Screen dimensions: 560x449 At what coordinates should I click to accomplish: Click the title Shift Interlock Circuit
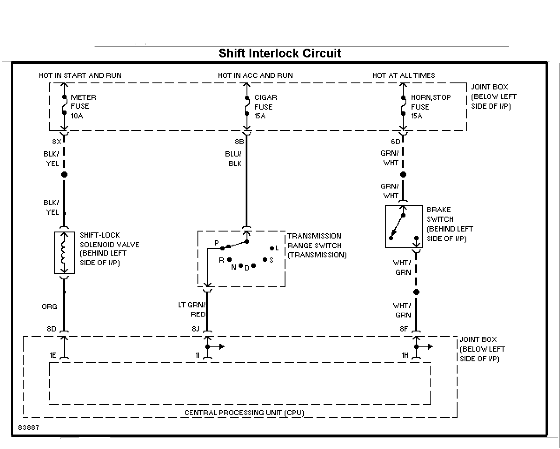[x=280, y=53]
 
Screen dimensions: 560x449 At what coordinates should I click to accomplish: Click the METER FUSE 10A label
[x=84, y=107]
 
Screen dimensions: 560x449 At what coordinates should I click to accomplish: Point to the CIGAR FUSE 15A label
[x=265, y=107]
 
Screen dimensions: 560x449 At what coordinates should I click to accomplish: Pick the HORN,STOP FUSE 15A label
[x=431, y=107]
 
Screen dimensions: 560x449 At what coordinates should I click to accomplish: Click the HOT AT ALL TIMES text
[x=404, y=75]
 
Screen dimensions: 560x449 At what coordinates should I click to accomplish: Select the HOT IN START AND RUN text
[x=80, y=75]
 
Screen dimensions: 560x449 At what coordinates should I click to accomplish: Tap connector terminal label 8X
[x=57, y=142]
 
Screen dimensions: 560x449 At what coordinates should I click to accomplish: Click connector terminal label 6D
[x=395, y=142]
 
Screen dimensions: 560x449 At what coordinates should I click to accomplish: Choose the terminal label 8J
[x=196, y=329]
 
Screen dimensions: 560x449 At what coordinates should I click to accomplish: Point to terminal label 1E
[x=53, y=355]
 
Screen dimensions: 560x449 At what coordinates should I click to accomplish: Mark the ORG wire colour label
[x=49, y=307]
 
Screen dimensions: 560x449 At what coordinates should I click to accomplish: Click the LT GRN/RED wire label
[x=192, y=310]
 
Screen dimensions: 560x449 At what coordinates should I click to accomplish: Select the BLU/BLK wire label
[x=233, y=159]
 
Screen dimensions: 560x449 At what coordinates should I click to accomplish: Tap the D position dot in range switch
[x=254, y=266]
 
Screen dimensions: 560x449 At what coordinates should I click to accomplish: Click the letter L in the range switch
[x=277, y=248]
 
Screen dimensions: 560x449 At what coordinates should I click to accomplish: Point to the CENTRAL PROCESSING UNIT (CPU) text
[x=244, y=413]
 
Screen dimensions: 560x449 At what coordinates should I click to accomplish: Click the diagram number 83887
[x=28, y=428]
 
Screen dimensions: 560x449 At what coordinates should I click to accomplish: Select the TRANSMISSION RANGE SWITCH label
[x=317, y=246]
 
